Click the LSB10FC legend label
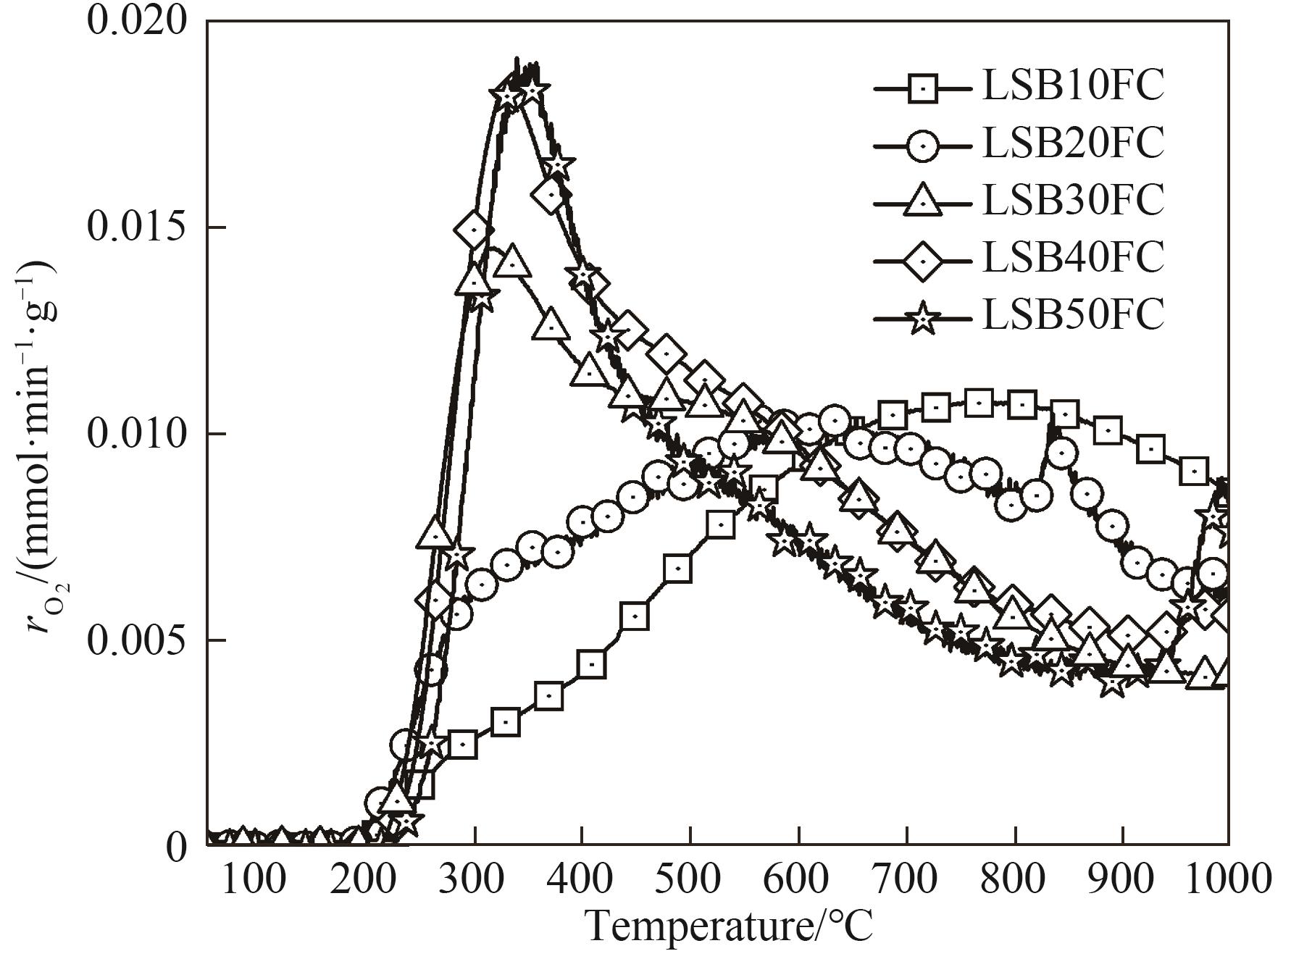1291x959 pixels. point(1073,86)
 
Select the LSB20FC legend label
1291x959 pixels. point(1073,143)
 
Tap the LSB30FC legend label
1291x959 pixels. point(1073,200)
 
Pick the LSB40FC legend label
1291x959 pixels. point(1073,257)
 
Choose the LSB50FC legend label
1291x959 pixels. point(1073,314)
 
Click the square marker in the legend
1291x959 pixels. point(922,88)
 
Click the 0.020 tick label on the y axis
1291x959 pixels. point(136,22)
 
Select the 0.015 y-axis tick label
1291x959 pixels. point(136,227)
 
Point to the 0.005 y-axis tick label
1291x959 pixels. point(136,640)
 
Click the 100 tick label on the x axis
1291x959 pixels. point(253,879)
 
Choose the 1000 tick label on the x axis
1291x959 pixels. point(1227,879)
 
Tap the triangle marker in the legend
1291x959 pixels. point(922,201)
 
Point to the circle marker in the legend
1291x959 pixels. point(922,145)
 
